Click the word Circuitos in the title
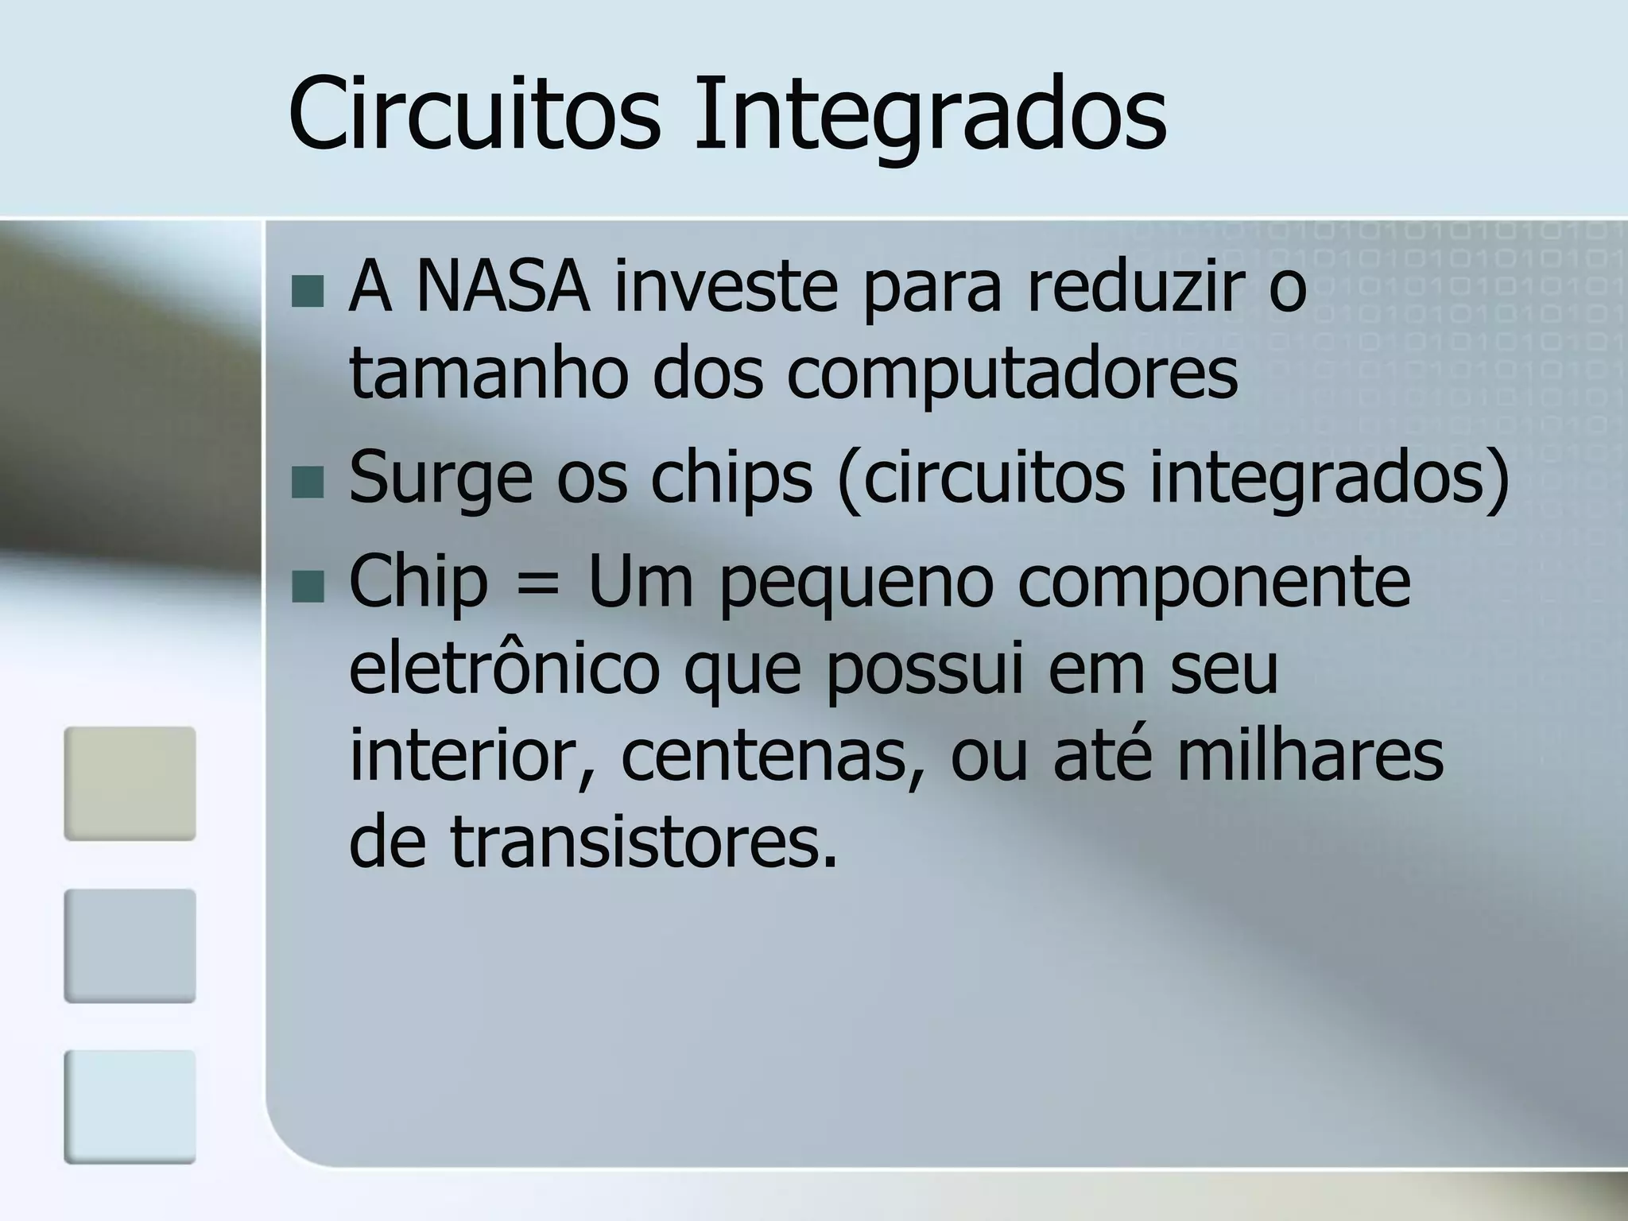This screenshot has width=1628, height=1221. (x=474, y=113)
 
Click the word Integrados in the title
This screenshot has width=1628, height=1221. (x=930, y=113)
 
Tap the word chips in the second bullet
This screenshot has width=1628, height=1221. (x=732, y=477)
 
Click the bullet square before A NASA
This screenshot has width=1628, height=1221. (x=308, y=292)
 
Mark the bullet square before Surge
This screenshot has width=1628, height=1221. (x=308, y=482)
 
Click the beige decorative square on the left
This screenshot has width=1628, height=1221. (x=130, y=784)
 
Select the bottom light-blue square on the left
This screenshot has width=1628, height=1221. (x=130, y=1107)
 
